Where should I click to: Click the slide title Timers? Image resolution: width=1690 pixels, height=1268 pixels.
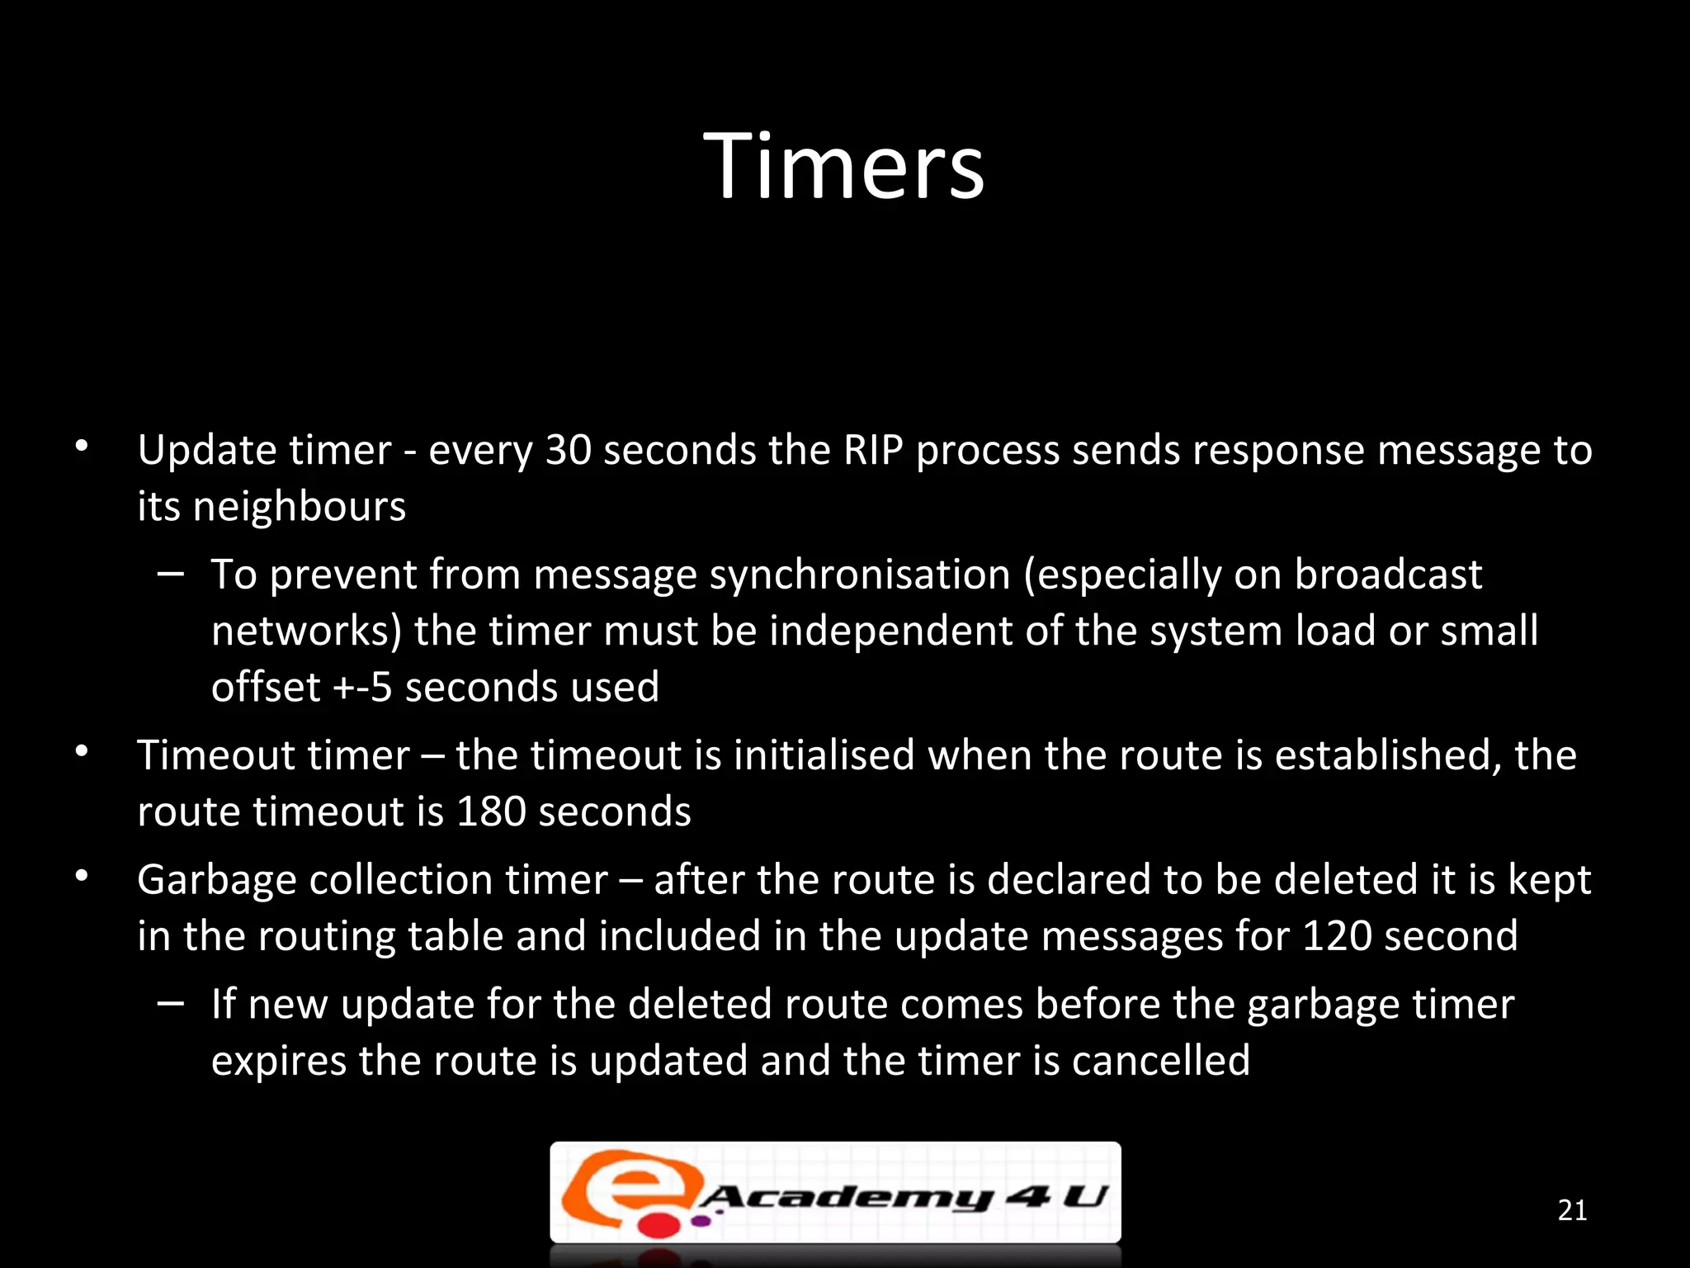pyautogui.click(x=844, y=168)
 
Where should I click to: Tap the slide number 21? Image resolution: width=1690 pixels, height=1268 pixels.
pyautogui.click(x=1572, y=1210)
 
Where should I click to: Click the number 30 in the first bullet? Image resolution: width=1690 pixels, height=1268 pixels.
pyautogui.click(x=569, y=451)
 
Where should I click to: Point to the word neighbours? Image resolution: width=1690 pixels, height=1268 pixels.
pyautogui.click(x=299, y=507)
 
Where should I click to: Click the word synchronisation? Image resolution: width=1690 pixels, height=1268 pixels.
pyautogui.click(x=860, y=575)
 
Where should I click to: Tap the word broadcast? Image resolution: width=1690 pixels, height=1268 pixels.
pyautogui.click(x=1388, y=575)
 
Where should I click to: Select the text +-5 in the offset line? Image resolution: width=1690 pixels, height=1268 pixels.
pyautogui.click(x=362, y=688)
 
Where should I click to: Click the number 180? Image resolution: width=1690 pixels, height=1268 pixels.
pyautogui.click(x=492, y=812)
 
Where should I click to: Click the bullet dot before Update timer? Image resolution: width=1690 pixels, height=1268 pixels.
pyautogui.click(x=81, y=447)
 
